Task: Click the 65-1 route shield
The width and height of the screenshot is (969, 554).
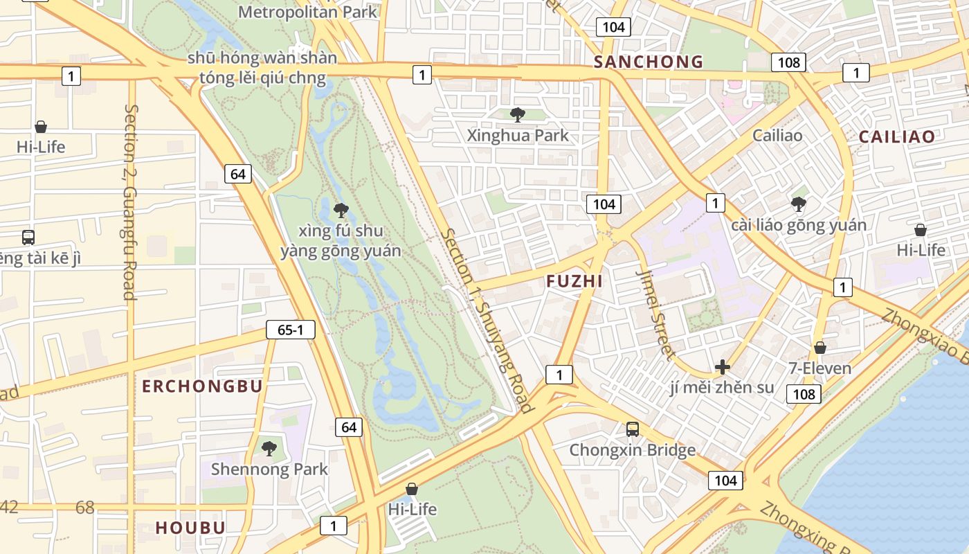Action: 291,330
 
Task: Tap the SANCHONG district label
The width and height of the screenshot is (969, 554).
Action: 649,62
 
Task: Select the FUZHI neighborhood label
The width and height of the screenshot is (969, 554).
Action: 574,281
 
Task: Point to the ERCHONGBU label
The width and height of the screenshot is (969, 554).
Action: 202,386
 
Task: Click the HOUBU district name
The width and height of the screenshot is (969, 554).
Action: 190,528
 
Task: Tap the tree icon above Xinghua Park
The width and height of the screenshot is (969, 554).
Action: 517,115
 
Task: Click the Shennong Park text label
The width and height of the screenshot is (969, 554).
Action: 269,469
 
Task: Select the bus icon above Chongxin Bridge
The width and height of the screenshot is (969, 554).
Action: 633,429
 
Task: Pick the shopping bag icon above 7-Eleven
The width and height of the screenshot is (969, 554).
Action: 820,348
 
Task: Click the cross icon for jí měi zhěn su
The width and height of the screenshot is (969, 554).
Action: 723,367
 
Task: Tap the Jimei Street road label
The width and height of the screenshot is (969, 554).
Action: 655,314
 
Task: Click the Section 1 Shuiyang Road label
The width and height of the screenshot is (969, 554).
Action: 487,320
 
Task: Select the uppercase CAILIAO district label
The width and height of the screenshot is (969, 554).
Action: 896,136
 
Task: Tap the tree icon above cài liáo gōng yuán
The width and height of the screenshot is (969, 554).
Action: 799,204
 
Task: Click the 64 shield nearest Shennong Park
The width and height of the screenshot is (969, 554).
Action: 349,427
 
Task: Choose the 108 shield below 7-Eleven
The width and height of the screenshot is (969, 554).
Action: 803,394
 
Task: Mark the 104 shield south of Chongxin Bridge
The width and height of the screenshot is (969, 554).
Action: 725,480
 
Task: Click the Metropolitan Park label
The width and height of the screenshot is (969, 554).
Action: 308,12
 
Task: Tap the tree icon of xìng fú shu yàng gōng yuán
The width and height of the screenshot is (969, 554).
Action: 341,209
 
